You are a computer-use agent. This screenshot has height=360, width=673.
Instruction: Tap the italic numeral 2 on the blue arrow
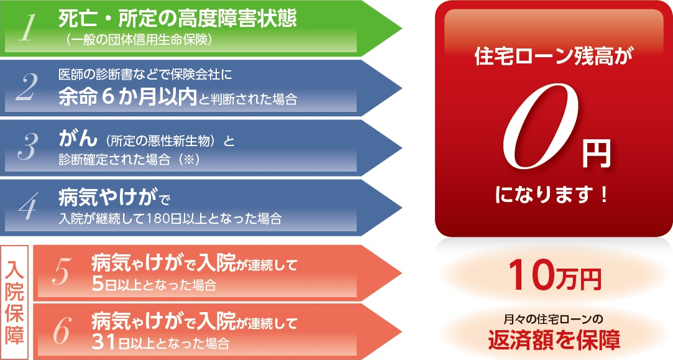(x=27, y=88)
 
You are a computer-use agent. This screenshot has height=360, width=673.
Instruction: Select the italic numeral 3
(x=27, y=147)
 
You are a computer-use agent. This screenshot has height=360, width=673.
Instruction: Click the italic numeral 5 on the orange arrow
(x=62, y=272)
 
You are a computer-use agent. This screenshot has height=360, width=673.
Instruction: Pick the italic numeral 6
(x=62, y=331)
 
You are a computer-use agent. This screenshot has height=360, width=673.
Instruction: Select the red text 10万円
(x=555, y=276)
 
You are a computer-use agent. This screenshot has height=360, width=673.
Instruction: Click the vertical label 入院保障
(x=14, y=302)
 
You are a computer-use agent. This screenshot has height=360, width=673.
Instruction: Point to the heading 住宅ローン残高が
(x=554, y=57)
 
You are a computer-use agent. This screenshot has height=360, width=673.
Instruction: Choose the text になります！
(x=552, y=195)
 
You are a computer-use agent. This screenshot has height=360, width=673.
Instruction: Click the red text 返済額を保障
(x=554, y=340)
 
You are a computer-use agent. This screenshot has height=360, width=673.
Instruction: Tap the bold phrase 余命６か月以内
(x=127, y=97)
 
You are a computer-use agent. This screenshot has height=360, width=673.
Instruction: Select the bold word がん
(x=78, y=138)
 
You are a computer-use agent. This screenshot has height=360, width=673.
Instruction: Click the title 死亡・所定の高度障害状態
(x=178, y=19)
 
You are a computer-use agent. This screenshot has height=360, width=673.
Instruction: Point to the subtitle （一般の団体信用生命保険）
(x=137, y=40)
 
